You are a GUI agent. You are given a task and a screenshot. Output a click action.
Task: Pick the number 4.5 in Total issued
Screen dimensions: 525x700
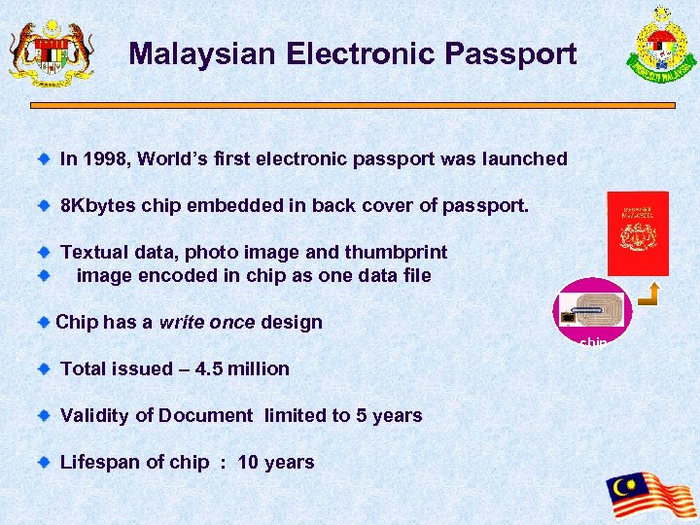(x=211, y=368)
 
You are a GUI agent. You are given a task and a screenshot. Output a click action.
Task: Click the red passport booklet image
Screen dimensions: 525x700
(x=638, y=233)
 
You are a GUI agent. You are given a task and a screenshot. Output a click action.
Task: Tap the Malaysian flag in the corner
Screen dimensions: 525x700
(x=650, y=496)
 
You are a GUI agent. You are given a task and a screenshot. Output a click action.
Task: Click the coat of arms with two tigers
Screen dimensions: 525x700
(x=52, y=51)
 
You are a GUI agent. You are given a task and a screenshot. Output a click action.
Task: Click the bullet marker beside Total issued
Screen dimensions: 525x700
(x=43, y=368)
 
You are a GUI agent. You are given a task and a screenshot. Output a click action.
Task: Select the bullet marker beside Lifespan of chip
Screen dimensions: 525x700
(x=43, y=462)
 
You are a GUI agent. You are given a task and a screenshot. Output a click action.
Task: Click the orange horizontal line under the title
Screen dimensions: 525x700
(x=352, y=105)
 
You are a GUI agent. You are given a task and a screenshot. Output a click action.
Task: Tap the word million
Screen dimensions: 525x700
(x=260, y=368)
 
